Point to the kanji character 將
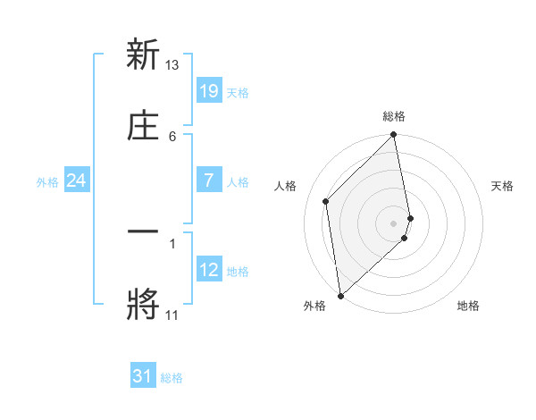pyautogui.click(x=143, y=303)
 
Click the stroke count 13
pyautogui.click(x=172, y=65)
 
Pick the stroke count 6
pyautogui.click(x=172, y=136)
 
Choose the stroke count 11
pyautogui.click(x=172, y=315)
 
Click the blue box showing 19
pyautogui.click(x=209, y=91)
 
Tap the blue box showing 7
pyautogui.click(x=209, y=181)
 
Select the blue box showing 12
pyautogui.click(x=209, y=270)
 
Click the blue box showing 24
pyautogui.click(x=76, y=181)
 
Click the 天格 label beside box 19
pyautogui.click(x=238, y=93)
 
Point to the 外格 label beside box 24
pyautogui.click(x=47, y=182)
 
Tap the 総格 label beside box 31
pyautogui.click(x=172, y=378)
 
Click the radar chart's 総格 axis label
pyautogui.click(x=394, y=116)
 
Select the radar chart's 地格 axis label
pyautogui.click(x=468, y=306)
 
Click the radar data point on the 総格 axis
pyautogui.click(x=394, y=136)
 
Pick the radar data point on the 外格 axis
pyautogui.click(x=340, y=295)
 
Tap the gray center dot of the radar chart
pyautogui.click(x=394, y=223)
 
